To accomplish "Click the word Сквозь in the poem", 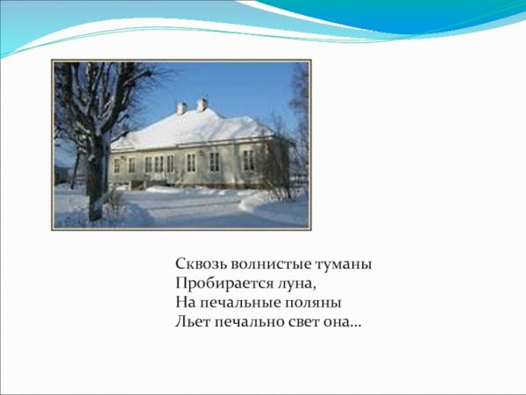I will coord(197,264).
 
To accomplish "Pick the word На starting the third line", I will coord(183,304).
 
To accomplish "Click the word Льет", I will coord(190,323).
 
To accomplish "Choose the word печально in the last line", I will coord(249,323).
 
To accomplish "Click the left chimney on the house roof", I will coord(181,108).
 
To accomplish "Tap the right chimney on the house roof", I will coord(203,104).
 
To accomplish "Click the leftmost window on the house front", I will coord(117,165).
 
